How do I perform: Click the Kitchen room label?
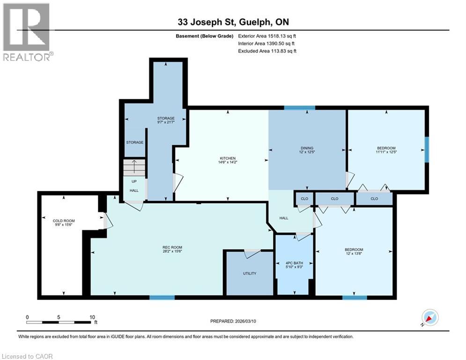(x=228, y=158)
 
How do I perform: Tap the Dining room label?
(x=307, y=148)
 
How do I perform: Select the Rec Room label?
(x=172, y=247)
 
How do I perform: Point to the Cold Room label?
(x=64, y=221)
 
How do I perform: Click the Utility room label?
(x=250, y=273)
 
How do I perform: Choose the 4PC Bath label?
(x=294, y=263)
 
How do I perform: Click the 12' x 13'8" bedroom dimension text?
(x=354, y=254)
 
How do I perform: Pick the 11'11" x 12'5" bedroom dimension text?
(x=386, y=152)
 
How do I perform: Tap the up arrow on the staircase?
(x=134, y=166)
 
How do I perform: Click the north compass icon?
(x=430, y=318)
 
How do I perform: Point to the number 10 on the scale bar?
(x=92, y=317)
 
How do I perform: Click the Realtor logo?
(x=27, y=32)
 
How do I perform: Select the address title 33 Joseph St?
(x=204, y=22)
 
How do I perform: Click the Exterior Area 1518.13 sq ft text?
(x=267, y=36)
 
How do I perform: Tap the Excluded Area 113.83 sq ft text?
(x=267, y=51)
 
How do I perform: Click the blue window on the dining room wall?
(x=300, y=108)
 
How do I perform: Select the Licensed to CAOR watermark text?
(x=27, y=356)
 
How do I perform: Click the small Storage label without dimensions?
(x=134, y=142)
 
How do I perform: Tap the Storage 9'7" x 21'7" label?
(x=166, y=120)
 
